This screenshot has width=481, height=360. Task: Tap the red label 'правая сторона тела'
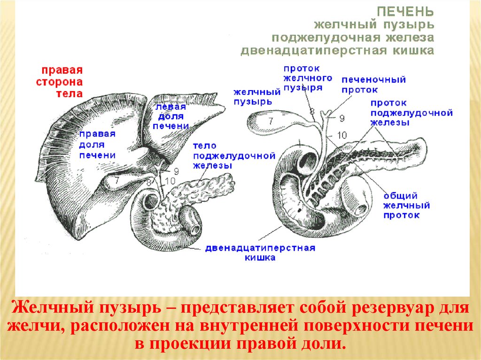[x=60, y=82]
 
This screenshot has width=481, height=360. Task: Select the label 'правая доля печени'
[x=98, y=145]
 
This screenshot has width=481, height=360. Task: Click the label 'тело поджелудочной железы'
[x=233, y=156]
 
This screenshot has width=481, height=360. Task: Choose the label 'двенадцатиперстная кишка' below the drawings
[x=259, y=253]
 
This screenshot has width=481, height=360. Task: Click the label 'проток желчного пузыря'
[x=308, y=78]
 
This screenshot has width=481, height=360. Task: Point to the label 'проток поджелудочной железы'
[x=411, y=113]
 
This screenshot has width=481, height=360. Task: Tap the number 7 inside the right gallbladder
[x=271, y=121]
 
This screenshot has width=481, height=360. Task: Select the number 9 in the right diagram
[x=341, y=118]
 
